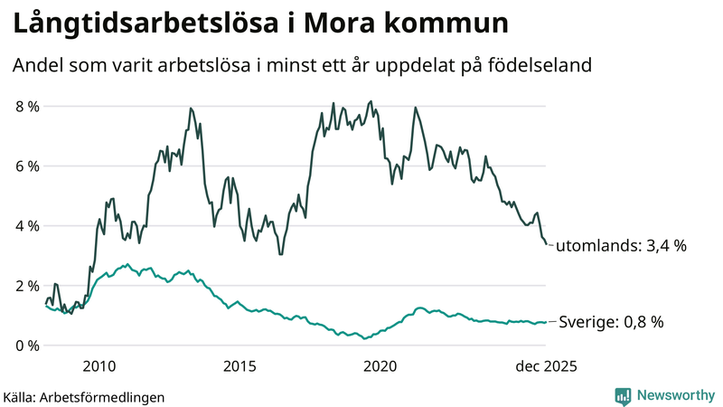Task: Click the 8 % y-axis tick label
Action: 27,107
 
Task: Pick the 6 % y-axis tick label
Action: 27,166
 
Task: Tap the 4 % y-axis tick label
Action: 27,226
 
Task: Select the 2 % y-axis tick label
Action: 27,286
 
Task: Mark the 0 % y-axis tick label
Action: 27,345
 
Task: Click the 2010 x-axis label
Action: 99,366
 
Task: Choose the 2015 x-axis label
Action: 239,366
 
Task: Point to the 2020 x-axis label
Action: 380,366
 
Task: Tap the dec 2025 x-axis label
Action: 546,366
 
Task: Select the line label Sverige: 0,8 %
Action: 612,322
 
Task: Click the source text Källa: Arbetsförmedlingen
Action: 84,396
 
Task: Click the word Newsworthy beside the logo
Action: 673,395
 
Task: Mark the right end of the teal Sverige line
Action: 546,322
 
